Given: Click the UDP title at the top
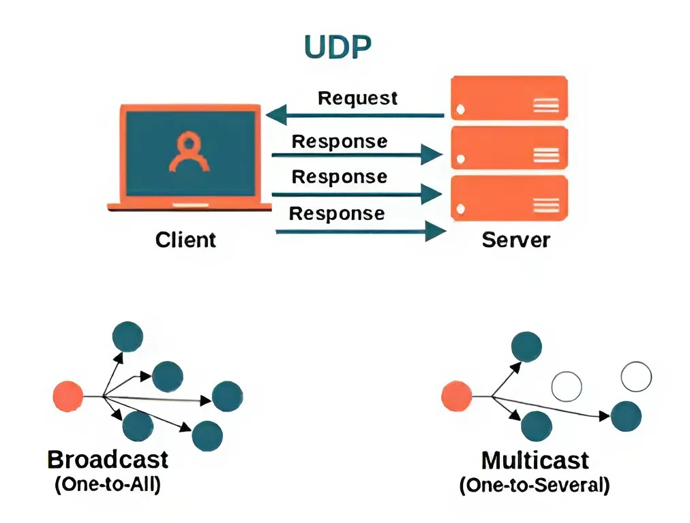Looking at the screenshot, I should click(x=337, y=46).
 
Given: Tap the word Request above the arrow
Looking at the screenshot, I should click(x=357, y=98).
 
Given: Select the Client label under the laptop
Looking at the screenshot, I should click(x=185, y=240).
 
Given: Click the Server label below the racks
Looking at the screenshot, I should click(x=515, y=240).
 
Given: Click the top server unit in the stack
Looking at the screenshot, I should click(x=509, y=98).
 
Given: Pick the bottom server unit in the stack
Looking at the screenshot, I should click(x=509, y=197).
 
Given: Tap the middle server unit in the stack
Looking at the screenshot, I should click(x=509, y=148).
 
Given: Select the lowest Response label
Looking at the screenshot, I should click(x=337, y=213).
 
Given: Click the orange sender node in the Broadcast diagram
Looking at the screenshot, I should click(x=68, y=396).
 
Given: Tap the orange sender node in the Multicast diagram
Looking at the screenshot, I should click(x=456, y=396).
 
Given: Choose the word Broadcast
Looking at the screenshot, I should click(x=108, y=459).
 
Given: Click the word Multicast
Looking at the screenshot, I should click(x=535, y=460).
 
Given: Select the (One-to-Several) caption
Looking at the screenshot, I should click(x=535, y=486).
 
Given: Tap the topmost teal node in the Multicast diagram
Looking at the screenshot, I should click(x=526, y=347).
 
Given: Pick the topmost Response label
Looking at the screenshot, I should click(x=339, y=142).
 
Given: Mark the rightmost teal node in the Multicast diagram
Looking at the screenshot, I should click(x=626, y=416).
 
